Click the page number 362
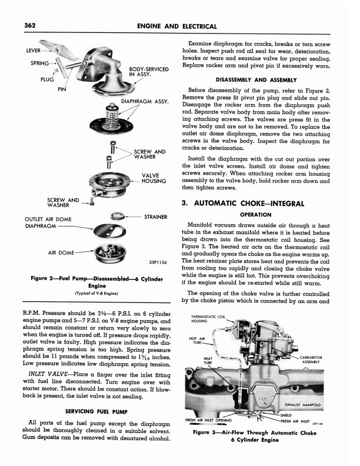(x=27, y=25)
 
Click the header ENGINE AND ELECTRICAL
(x=176, y=26)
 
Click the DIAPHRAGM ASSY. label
(x=145, y=101)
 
